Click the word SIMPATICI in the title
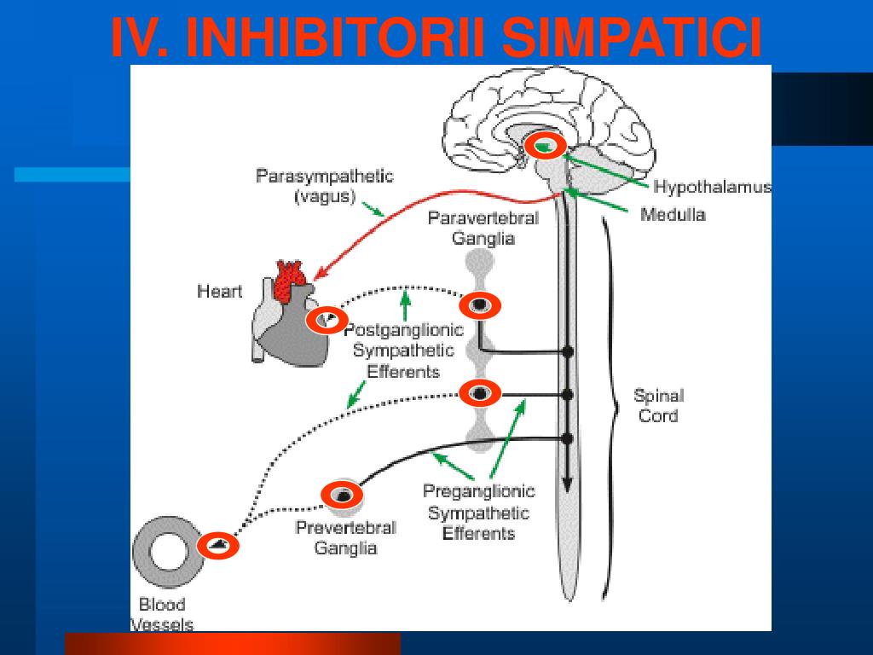[631, 38]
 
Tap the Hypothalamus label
[712, 187]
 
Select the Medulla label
[673, 214]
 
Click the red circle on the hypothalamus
[544, 146]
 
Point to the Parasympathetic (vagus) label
[325, 186]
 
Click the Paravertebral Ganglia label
[483, 228]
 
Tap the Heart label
[220, 291]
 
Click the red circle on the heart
[327, 321]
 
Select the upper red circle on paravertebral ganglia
[480, 304]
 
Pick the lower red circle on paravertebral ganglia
[480, 392]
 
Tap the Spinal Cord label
[658, 406]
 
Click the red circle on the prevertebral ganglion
[343, 494]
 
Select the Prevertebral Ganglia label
[345, 537]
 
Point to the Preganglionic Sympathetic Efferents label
[479, 512]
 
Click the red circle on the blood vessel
[218, 545]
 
